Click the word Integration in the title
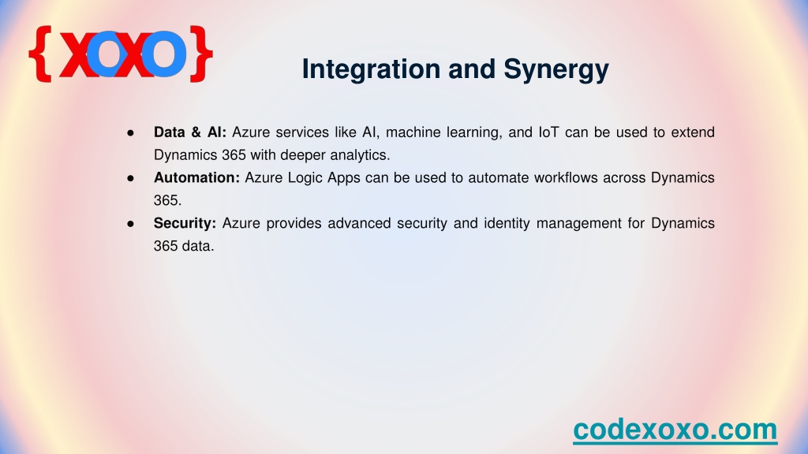point(371,69)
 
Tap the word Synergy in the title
point(556,69)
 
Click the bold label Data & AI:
point(190,132)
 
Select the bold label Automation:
point(196,177)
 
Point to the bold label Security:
point(185,223)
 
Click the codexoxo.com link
point(675,430)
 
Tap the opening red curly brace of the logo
point(40,54)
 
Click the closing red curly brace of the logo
point(201,54)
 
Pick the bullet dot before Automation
point(130,178)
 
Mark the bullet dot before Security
point(130,224)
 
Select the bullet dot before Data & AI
point(130,132)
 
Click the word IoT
point(548,132)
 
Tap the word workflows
point(565,177)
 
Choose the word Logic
point(305,178)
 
